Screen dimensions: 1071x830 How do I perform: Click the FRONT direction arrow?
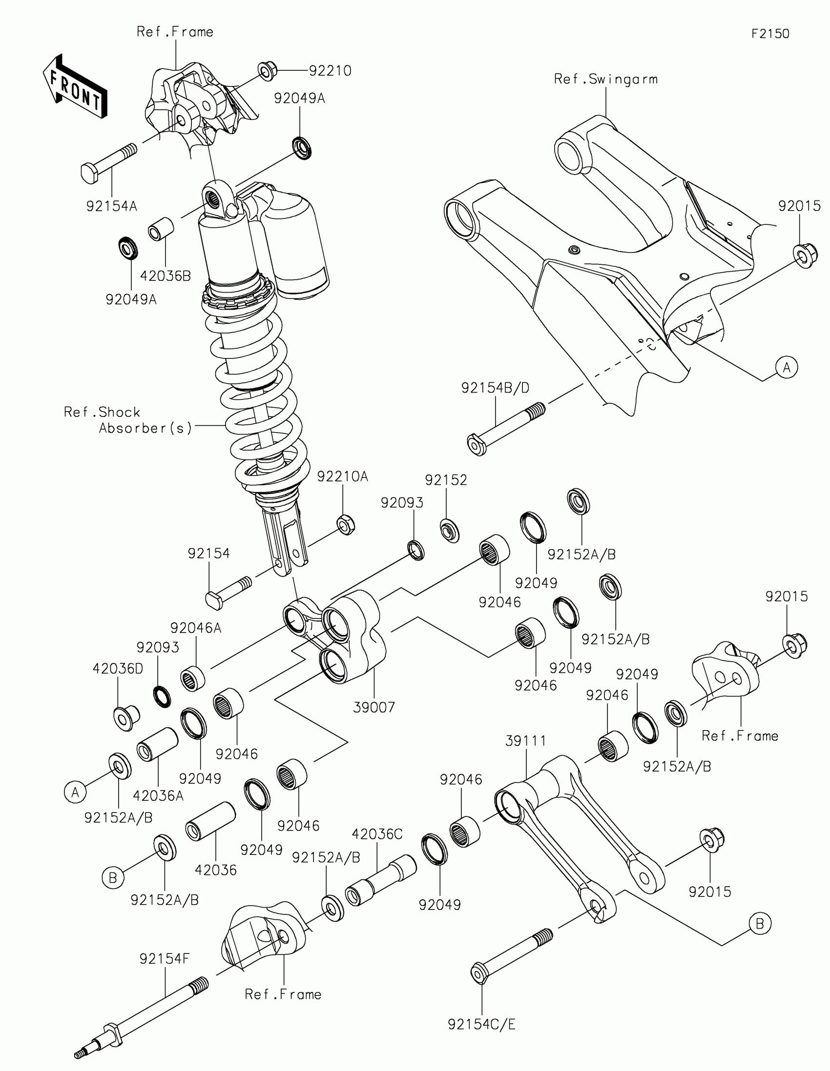(75, 87)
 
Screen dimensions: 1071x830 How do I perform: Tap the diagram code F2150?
(770, 34)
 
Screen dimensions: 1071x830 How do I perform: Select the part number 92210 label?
(330, 71)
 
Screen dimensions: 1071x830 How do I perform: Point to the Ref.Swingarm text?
(606, 79)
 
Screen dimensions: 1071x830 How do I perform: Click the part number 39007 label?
(374, 707)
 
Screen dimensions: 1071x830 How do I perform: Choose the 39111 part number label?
(526, 740)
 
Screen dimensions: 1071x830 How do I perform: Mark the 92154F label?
(165, 959)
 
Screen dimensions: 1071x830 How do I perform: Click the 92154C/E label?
(481, 1024)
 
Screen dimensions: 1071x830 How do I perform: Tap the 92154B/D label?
(495, 388)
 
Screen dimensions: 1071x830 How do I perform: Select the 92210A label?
(342, 476)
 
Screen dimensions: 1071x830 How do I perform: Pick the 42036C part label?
(377, 833)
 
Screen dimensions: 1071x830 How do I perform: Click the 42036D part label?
(118, 668)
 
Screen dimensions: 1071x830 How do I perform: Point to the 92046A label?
(196, 628)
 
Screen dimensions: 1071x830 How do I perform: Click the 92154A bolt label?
(111, 206)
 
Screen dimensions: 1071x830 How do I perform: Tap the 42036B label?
(166, 276)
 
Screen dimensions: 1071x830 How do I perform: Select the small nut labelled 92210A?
(346, 525)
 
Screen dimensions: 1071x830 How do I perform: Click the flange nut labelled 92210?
(266, 71)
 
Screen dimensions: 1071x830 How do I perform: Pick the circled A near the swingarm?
(787, 367)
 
